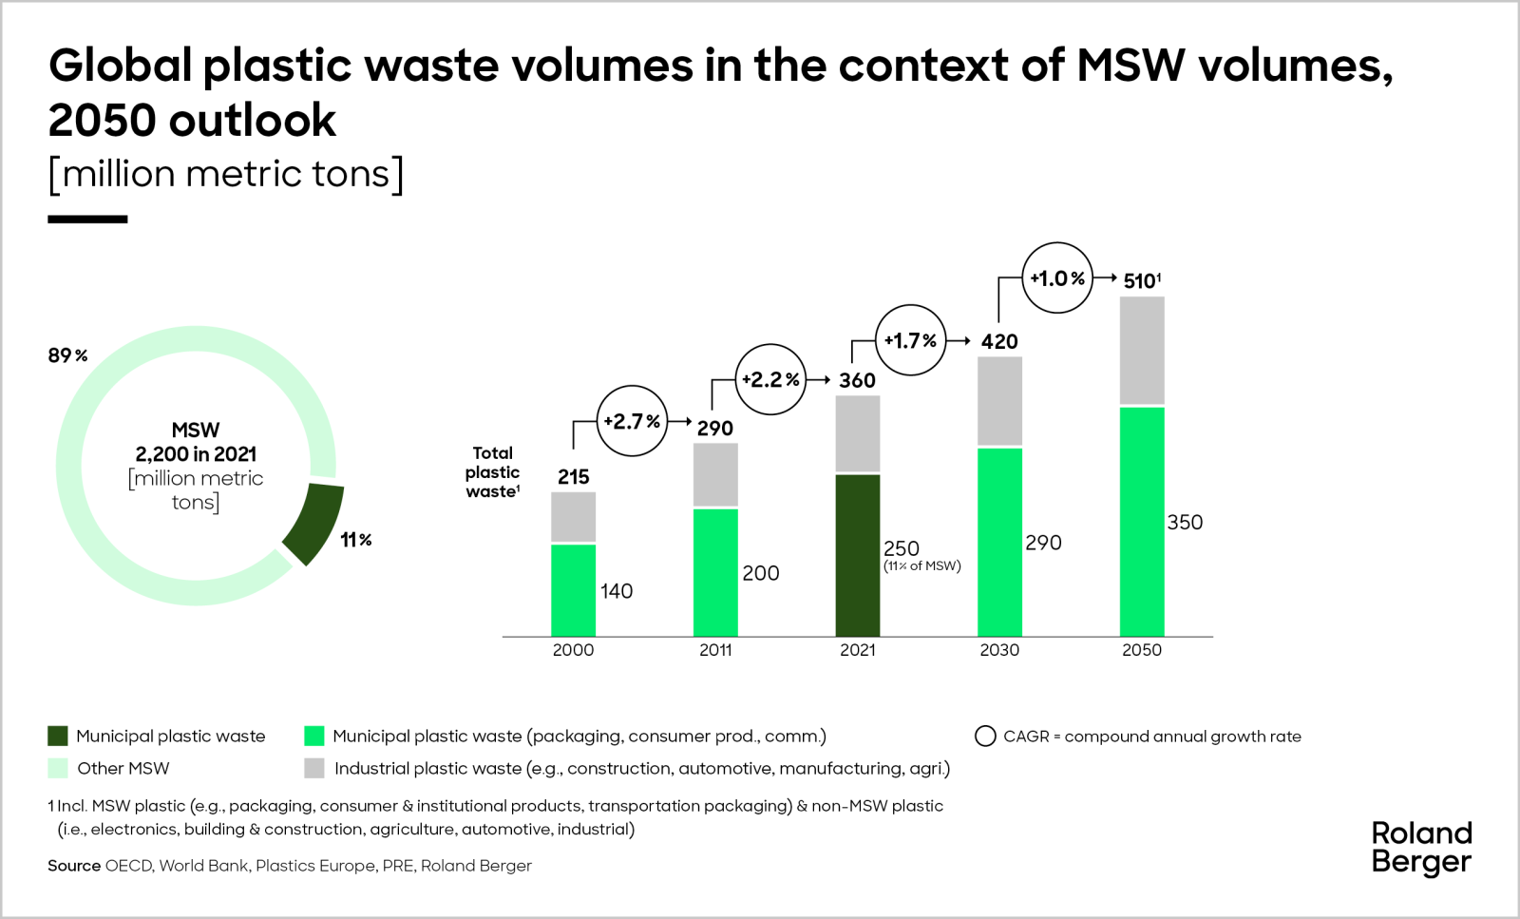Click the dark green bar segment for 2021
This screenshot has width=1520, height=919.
(x=858, y=555)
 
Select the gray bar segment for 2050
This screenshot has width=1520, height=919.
(x=1142, y=351)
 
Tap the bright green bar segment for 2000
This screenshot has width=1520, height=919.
(x=573, y=590)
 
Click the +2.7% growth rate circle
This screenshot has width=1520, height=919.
(x=632, y=421)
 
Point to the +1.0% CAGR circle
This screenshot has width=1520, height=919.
(x=1057, y=278)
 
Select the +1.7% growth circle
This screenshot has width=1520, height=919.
(x=910, y=340)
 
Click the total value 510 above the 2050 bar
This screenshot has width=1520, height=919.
(x=1141, y=280)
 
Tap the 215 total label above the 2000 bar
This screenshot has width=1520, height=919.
(x=573, y=476)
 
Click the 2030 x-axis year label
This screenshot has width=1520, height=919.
(x=999, y=650)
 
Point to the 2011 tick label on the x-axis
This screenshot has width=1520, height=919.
(x=715, y=650)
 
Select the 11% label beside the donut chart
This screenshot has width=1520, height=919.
(x=356, y=540)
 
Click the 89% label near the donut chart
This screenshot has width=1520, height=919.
(x=67, y=355)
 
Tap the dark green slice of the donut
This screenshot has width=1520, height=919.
(x=314, y=523)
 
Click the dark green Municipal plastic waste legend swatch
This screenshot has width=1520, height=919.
(x=58, y=737)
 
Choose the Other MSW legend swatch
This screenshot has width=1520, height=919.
(x=58, y=768)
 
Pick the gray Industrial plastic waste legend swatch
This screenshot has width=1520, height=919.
(x=314, y=768)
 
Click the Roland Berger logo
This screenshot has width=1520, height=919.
(x=1421, y=848)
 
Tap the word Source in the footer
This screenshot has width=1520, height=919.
(x=74, y=866)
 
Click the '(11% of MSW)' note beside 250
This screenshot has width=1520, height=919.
(x=922, y=566)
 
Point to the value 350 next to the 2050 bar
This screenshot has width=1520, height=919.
(x=1185, y=522)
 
